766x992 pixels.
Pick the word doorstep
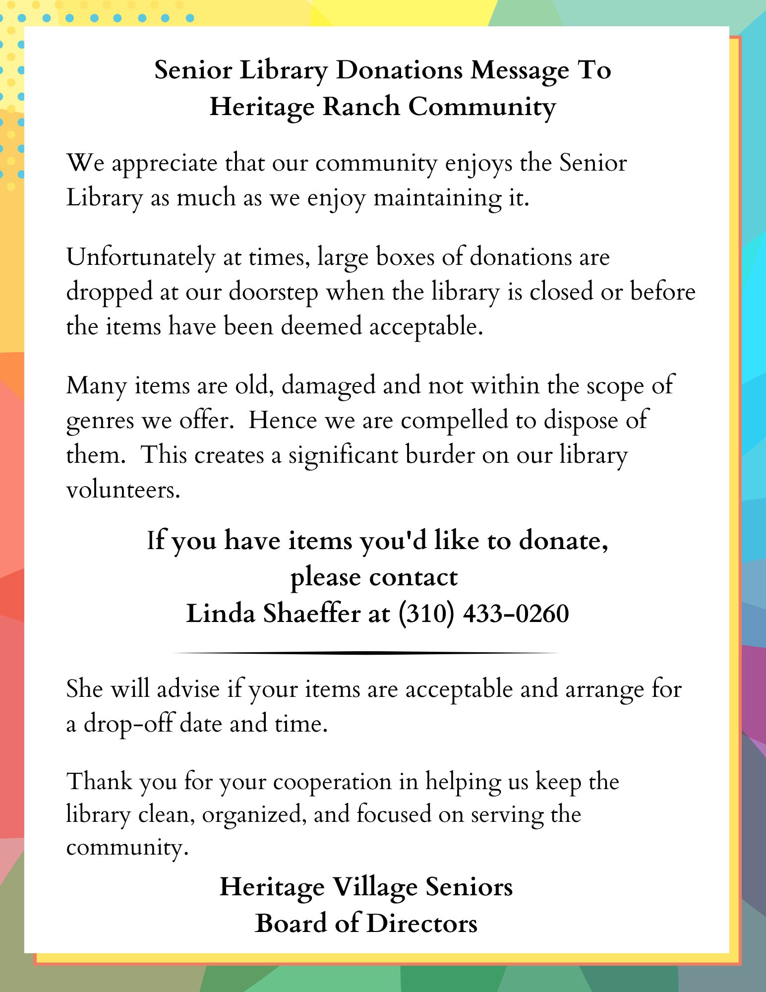coord(273,293)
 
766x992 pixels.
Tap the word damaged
coord(328,386)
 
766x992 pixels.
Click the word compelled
coord(455,421)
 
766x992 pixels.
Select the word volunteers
coord(122,490)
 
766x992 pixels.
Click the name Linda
coord(221,614)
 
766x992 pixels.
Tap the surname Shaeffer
coord(311,614)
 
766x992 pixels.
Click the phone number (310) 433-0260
coord(483,614)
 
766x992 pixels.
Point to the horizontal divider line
coord(366,653)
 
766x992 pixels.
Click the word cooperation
coord(332,782)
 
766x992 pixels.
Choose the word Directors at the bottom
coord(421,924)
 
